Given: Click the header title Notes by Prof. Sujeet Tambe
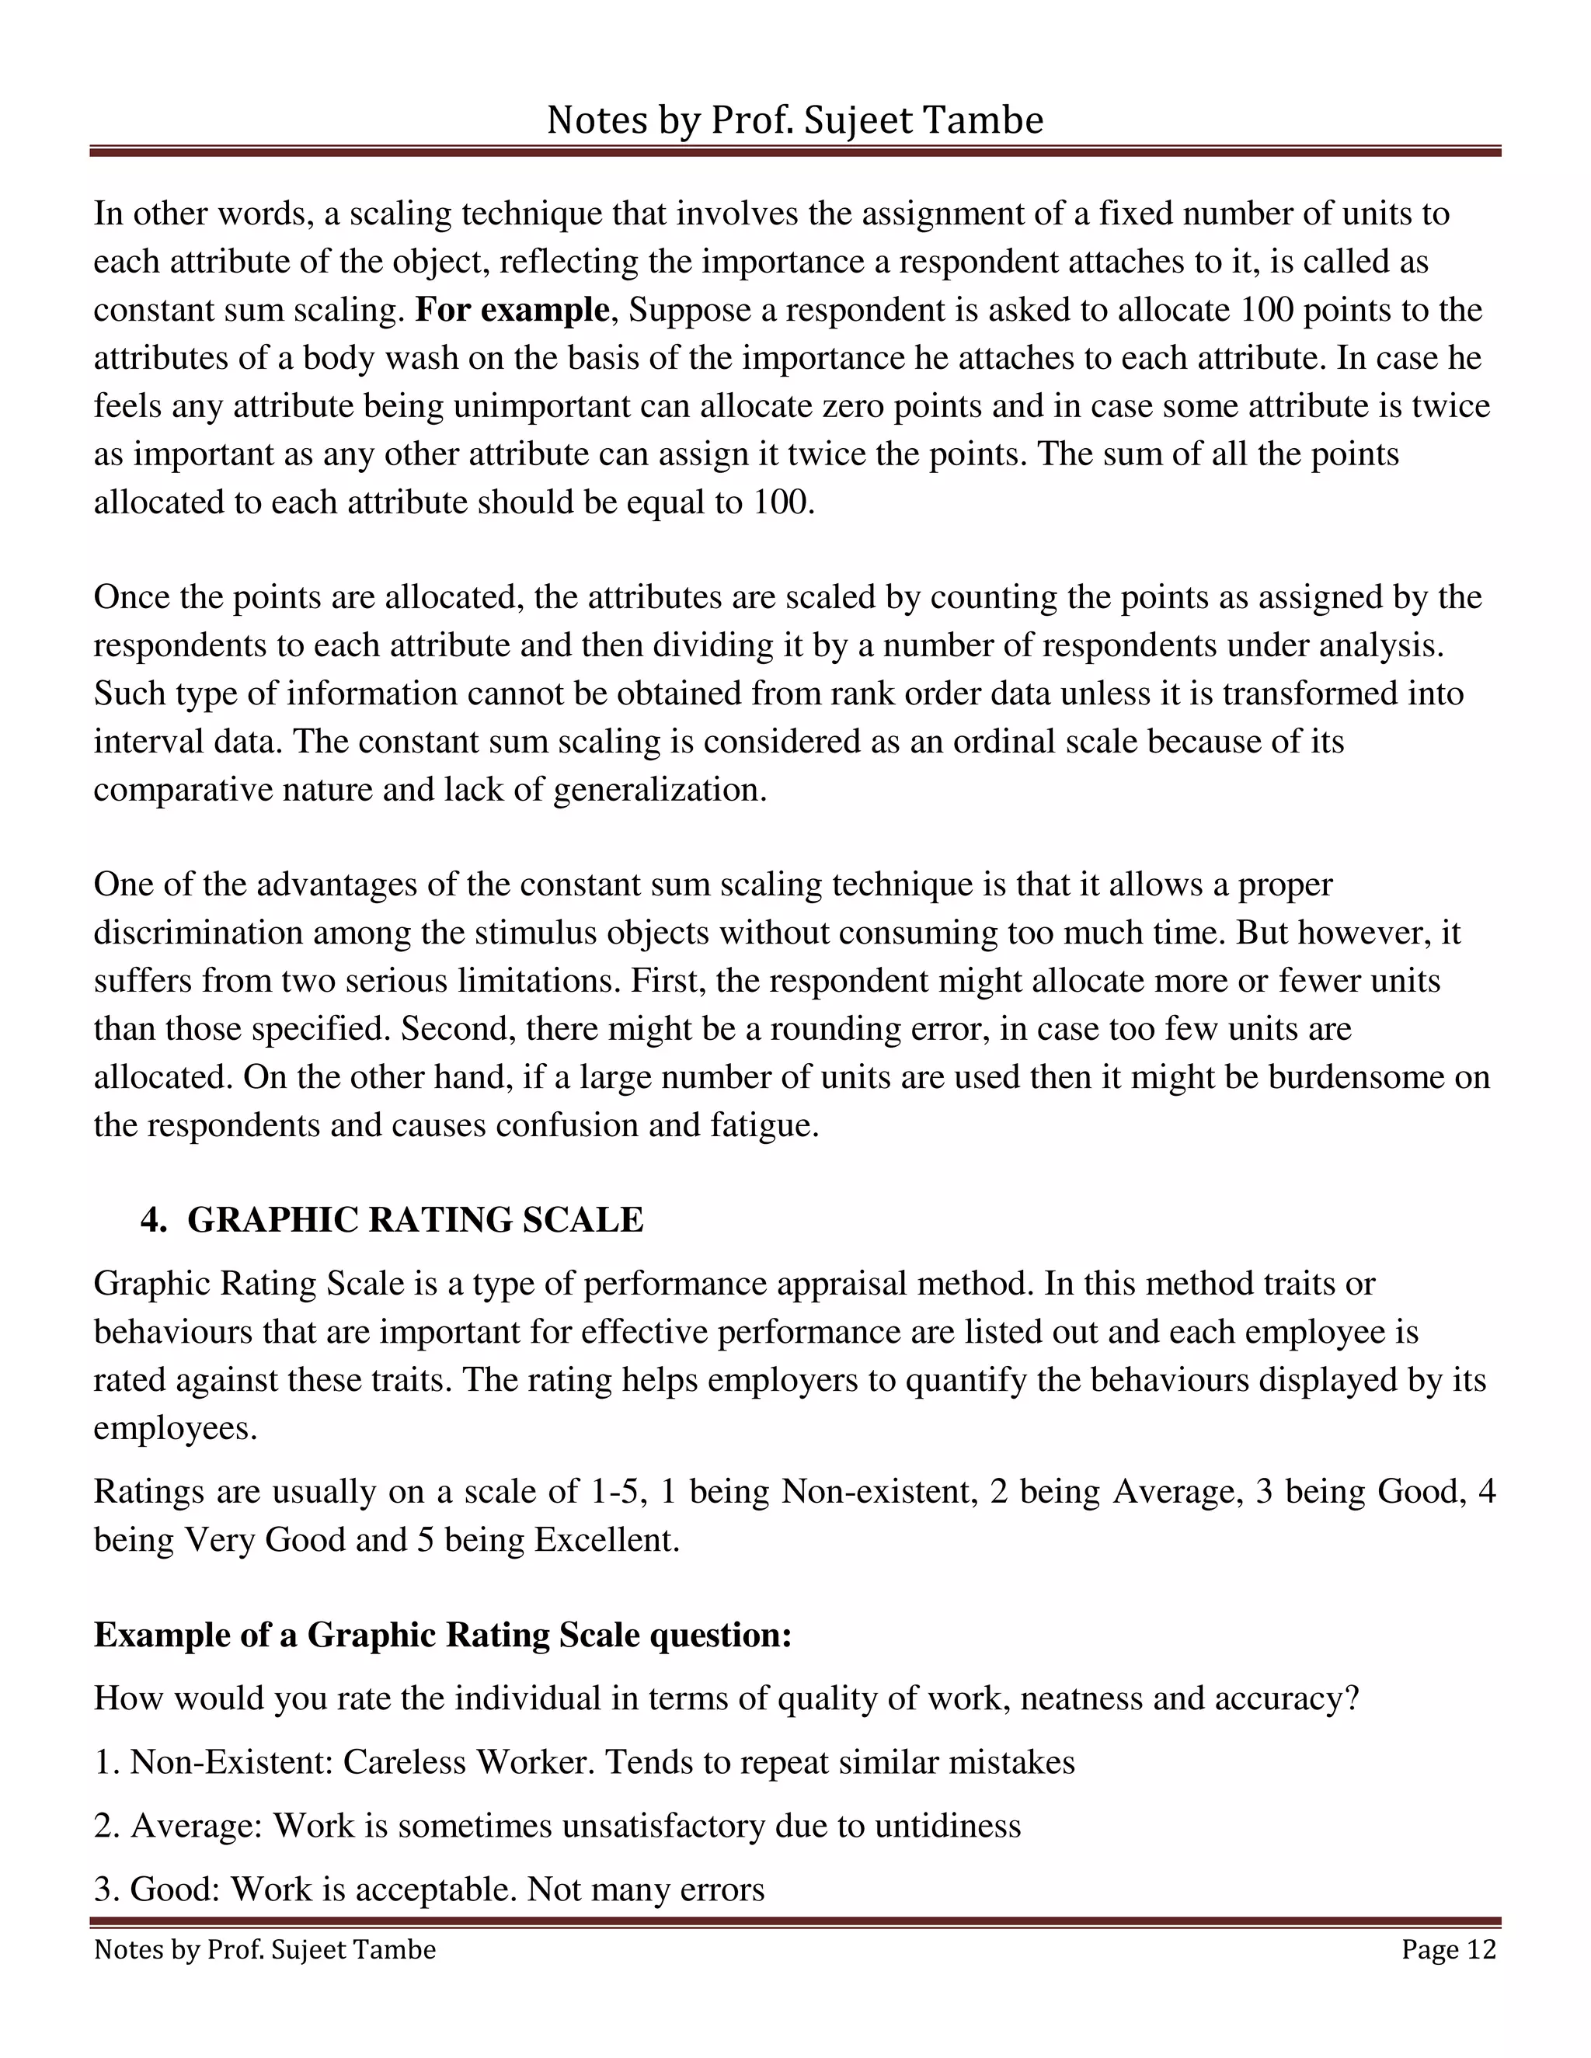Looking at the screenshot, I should point(795,120).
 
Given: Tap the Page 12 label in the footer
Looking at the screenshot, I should point(1448,1948).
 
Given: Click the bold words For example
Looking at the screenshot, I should point(512,310).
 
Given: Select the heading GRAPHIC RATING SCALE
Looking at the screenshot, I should point(415,1219).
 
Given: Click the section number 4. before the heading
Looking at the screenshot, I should point(153,1219).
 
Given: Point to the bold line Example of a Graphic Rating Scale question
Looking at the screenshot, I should point(442,1634).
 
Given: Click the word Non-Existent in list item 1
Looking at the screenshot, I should point(231,1761).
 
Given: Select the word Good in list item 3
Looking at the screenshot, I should point(173,1889).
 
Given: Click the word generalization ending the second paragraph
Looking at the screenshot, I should point(658,789).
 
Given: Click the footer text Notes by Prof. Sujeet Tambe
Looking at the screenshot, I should point(265,1948).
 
